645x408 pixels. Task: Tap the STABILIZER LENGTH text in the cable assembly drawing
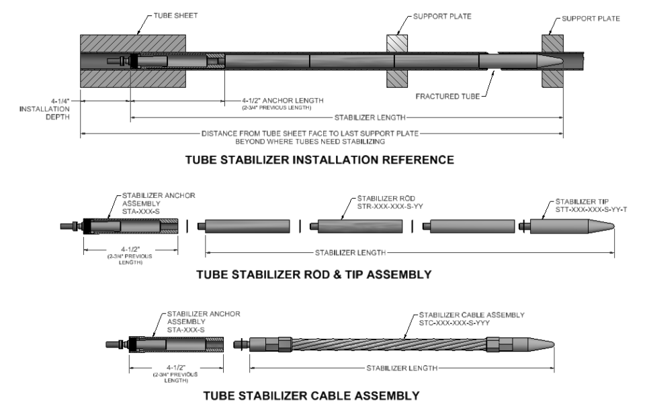tap(401, 368)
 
